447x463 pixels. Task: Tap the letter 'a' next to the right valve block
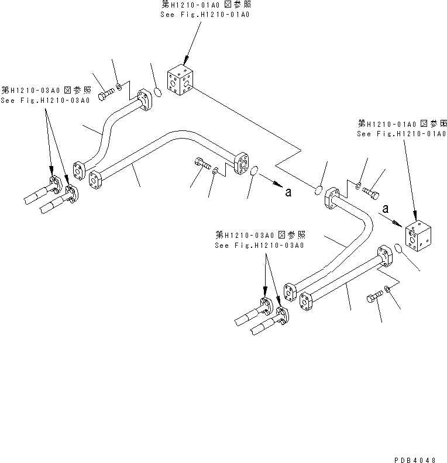386,208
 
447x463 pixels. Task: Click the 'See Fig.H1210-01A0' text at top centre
205,14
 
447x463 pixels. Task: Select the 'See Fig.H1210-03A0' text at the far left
45,100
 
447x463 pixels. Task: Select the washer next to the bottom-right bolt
386,289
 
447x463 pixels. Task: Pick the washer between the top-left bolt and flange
119,88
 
